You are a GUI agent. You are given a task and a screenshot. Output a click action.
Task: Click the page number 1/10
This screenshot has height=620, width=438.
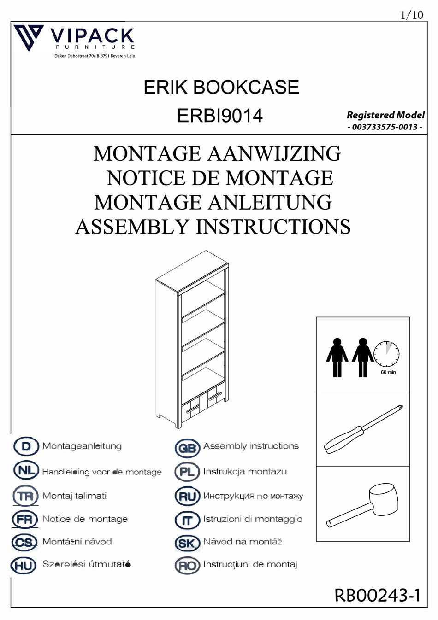point(411,15)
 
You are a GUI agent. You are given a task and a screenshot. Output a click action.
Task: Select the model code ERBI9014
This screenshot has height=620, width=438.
point(219,116)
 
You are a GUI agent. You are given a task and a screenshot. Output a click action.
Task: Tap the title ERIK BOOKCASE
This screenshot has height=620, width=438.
point(221,87)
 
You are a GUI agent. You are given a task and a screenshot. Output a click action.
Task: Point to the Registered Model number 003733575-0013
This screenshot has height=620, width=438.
point(385,127)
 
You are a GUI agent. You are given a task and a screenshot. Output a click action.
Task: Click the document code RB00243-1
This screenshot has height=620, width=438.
point(377,595)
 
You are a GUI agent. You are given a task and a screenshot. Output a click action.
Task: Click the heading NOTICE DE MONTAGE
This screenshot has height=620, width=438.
point(219,178)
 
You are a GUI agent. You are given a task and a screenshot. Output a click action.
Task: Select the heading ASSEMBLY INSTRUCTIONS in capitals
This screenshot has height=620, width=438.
point(213,227)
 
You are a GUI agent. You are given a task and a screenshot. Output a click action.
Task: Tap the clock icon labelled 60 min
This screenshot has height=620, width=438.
point(386,355)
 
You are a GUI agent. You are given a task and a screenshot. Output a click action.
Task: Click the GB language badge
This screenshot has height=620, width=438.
point(187,447)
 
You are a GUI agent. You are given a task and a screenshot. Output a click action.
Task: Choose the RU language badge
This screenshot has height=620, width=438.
point(187,497)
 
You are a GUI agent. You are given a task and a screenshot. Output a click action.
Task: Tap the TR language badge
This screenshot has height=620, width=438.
point(25,497)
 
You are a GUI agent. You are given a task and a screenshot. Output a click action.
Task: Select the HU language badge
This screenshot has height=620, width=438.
point(24,565)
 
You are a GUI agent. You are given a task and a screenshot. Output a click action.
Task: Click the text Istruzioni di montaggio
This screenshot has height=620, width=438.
point(253,519)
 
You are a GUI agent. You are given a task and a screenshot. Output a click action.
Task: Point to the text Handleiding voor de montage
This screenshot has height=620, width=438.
point(102,472)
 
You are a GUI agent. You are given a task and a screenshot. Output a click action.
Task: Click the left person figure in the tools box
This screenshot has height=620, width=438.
point(337,357)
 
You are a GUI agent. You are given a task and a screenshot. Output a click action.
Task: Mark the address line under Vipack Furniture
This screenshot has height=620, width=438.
point(95,56)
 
